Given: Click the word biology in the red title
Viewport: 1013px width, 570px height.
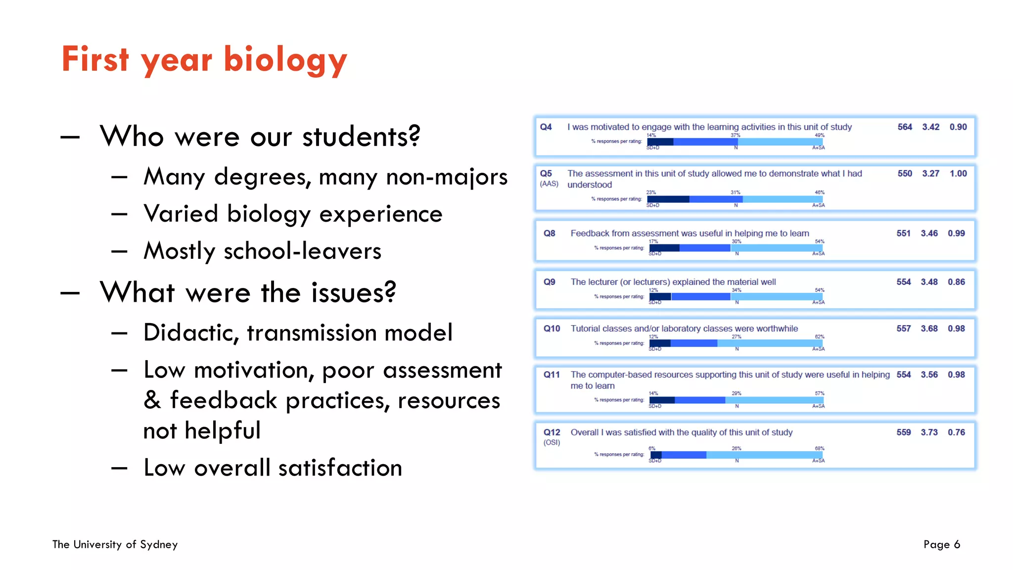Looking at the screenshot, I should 285,60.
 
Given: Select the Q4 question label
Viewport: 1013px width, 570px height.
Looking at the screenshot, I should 546,127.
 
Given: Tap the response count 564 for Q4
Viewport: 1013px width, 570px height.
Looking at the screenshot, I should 905,127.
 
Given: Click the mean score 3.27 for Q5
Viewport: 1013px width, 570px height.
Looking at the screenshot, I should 930,174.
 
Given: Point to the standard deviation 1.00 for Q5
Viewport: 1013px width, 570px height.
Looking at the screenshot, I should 958,174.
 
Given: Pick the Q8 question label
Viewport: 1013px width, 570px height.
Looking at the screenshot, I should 549,234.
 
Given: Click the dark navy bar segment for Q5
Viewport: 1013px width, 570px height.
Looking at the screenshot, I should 668,199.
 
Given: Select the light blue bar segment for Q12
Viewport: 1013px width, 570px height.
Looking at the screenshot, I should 764,455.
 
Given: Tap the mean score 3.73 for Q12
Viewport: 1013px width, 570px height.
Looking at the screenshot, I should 929,432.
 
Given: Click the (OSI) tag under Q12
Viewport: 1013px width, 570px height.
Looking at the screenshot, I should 552,443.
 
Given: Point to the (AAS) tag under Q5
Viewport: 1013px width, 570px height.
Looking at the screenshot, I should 549,184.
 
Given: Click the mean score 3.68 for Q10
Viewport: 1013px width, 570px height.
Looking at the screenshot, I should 929,329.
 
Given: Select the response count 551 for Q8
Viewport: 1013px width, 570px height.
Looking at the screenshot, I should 903,234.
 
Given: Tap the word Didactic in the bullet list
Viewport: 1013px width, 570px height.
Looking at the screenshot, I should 191,333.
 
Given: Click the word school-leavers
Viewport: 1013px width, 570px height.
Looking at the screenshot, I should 302,251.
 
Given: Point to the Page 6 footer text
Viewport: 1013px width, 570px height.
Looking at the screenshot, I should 941,545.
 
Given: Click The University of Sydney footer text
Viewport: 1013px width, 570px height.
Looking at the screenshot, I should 115,545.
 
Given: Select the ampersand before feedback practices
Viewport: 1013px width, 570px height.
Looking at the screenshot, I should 152,400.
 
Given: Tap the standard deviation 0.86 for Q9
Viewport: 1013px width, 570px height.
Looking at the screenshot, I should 956,282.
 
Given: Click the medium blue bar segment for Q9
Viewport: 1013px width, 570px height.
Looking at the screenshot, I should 701,296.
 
